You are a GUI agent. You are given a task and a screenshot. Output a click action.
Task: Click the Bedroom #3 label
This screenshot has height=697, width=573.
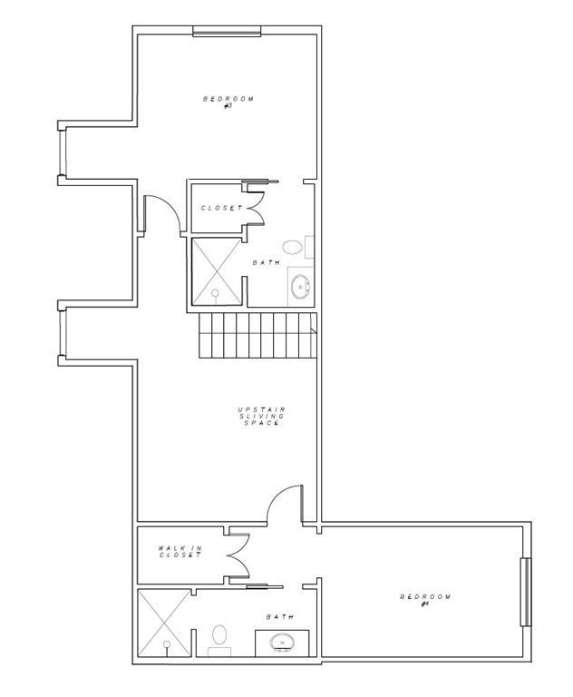coord(228,102)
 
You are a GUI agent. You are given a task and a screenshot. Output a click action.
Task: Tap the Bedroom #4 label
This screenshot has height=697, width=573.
coord(425,600)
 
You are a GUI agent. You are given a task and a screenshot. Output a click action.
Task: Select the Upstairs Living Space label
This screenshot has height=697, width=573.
coord(262,417)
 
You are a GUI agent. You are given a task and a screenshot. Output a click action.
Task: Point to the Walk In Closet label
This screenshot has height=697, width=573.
coord(180,552)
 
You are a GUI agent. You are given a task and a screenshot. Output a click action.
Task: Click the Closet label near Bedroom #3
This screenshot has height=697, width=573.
coord(221,208)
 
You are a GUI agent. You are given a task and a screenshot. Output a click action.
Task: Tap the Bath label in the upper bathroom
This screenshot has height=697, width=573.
coord(267,262)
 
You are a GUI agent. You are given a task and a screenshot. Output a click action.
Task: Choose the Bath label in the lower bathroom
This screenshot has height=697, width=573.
coord(280,617)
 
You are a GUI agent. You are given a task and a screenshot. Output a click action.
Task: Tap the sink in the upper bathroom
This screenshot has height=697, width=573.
coord(301,286)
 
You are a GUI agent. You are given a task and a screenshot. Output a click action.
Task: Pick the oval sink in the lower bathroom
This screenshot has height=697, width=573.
coord(282,643)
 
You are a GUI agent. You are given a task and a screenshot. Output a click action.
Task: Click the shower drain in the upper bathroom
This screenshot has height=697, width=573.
coord(216,293)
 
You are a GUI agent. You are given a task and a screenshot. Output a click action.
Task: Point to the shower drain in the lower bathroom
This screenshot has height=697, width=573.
coord(167,644)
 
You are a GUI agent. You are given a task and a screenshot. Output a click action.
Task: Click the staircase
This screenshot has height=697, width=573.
coord(257,335)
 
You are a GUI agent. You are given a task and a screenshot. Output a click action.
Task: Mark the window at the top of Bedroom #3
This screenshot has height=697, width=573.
coord(227,31)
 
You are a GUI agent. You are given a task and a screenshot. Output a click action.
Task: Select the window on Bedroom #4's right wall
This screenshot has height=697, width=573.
coord(526,592)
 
